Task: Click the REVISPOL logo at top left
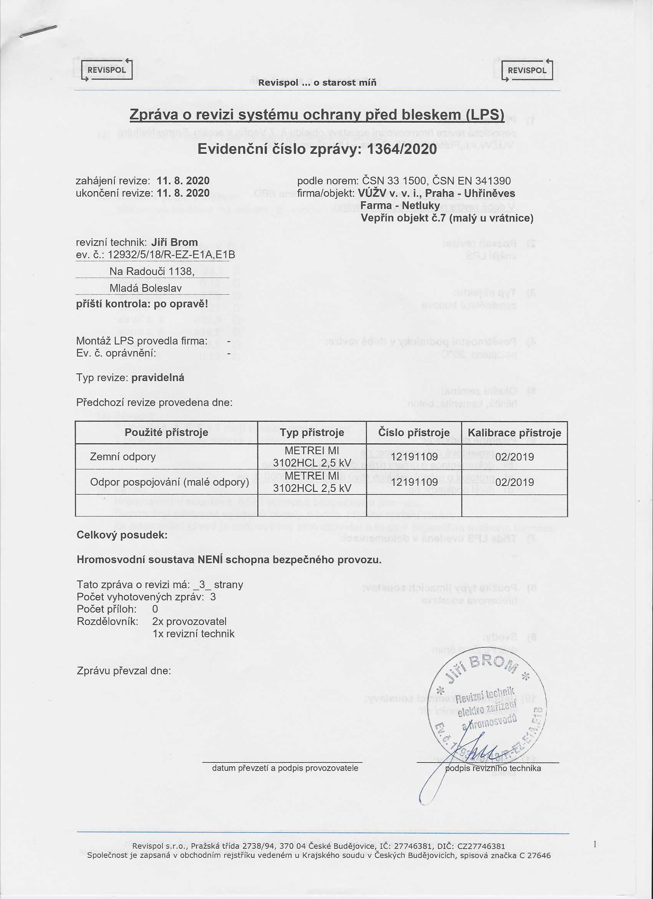[106, 70]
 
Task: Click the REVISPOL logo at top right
[527, 70]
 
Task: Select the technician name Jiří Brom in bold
[174, 242]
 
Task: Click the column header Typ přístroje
[312, 433]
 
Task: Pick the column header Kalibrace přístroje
[514, 433]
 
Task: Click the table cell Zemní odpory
[123, 457]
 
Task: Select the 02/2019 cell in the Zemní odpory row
[514, 457]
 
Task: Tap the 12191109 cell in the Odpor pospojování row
[414, 482]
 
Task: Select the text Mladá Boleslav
[145, 288]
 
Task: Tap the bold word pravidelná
[157, 377]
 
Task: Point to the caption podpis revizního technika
[493, 768]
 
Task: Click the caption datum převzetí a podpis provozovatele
[285, 768]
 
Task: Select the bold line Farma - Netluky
[400, 205]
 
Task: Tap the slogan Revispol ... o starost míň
[317, 83]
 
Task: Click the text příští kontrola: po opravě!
[142, 304]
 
